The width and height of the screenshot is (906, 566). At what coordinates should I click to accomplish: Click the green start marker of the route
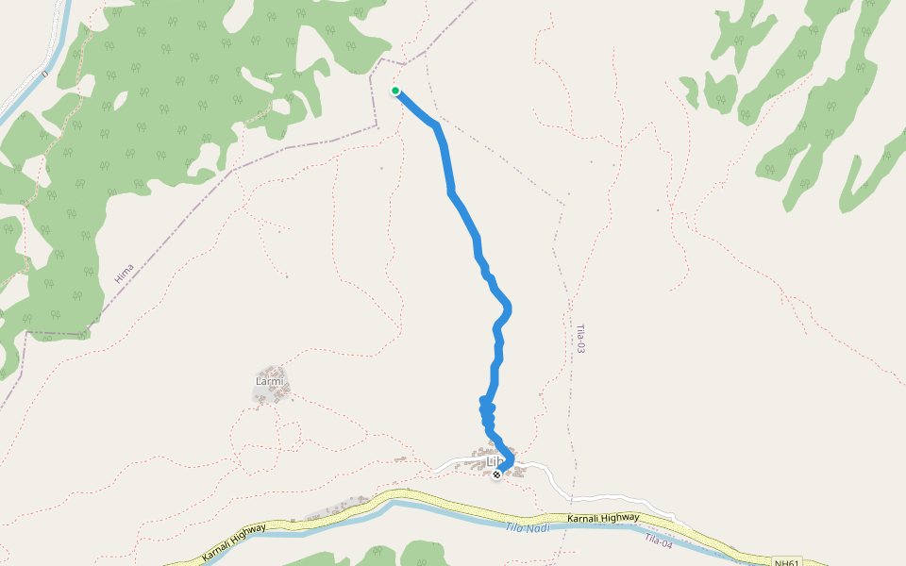pos(395,91)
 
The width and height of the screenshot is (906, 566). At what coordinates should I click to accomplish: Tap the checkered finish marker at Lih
pos(496,474)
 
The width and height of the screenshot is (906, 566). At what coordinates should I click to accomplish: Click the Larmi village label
pos(269,381)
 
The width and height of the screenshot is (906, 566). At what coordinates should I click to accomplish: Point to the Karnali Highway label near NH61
pos(603,518)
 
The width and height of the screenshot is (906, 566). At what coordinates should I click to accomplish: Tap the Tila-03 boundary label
pos(581,339)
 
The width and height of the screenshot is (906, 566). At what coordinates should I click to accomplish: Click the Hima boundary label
pos(124,274)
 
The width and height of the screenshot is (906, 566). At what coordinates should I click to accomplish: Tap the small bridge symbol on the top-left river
pos(43,73)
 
